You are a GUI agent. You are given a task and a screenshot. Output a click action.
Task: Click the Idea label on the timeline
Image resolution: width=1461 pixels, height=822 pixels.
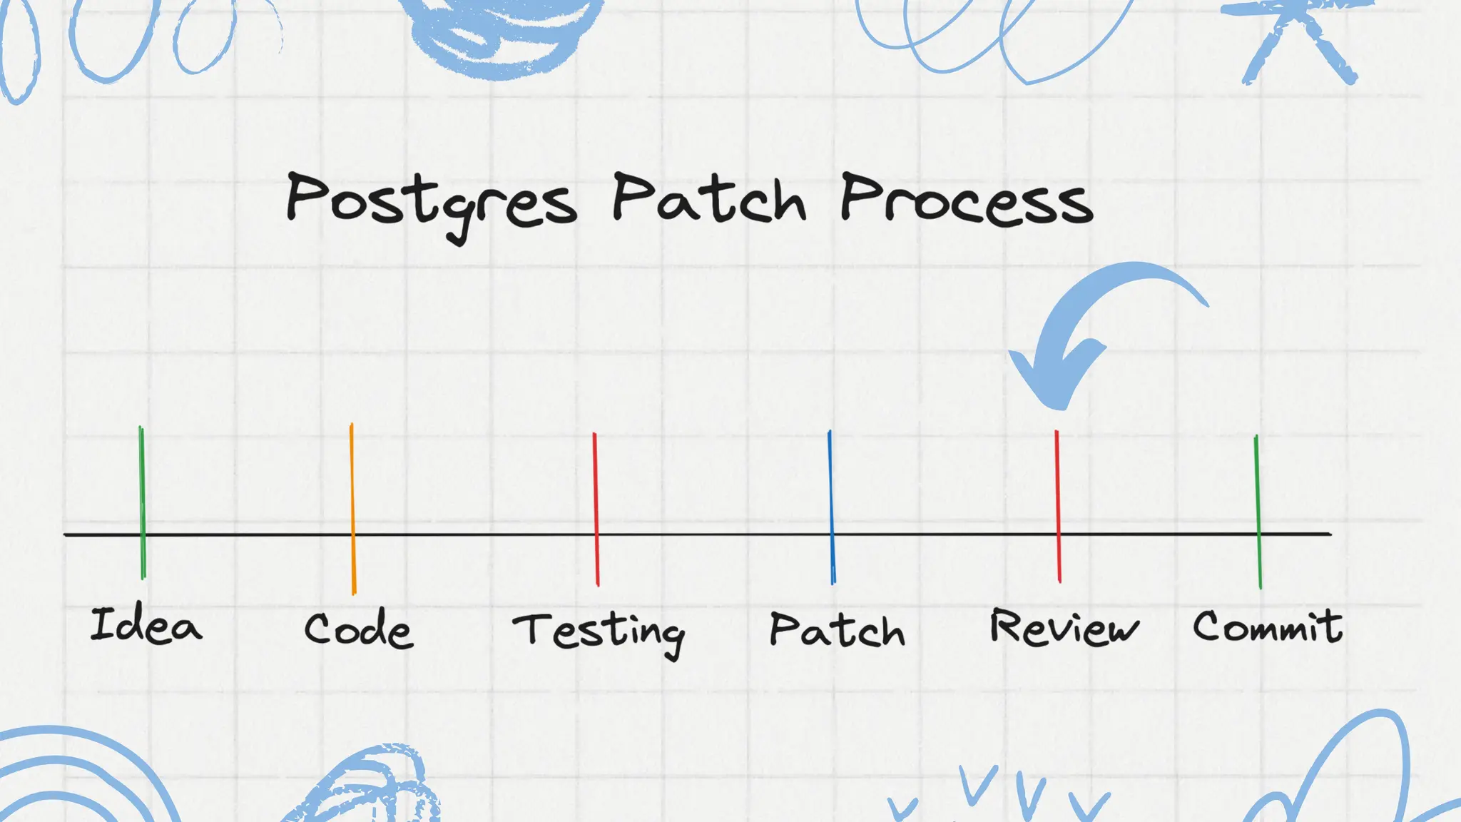[x=146, y=626]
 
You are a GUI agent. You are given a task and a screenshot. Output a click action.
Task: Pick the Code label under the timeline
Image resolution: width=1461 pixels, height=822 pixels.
[x=358, y=629]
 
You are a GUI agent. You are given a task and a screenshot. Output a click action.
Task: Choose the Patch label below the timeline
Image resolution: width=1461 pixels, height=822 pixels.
[x=837, y=630]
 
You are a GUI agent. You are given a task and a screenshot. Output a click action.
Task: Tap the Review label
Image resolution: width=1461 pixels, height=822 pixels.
[x=1064, y=628]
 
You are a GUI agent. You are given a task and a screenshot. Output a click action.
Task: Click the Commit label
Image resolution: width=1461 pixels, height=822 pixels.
[x=1268, y=627]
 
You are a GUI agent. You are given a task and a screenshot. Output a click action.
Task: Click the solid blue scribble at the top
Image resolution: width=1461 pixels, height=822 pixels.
[x=499, y=32]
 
